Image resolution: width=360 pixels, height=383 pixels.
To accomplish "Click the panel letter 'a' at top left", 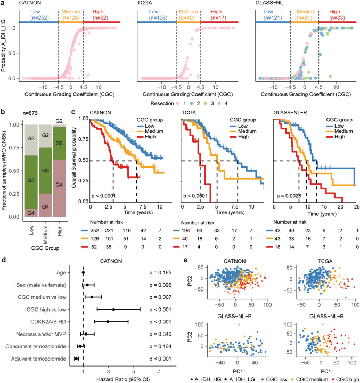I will coord(3,4).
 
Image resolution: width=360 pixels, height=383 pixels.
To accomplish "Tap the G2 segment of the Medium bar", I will coord(48,135).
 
